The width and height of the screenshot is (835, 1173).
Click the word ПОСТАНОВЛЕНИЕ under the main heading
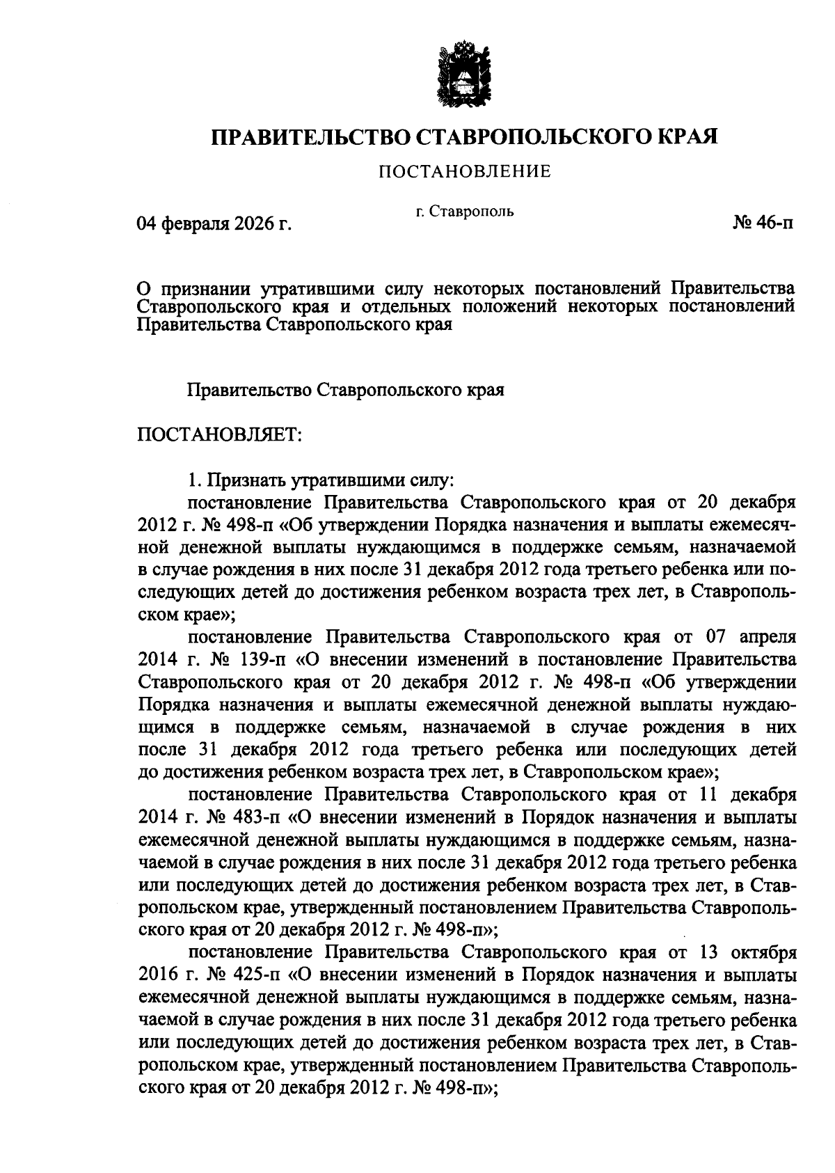tap(464, 171)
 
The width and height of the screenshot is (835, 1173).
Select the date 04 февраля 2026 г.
tap(213, 223)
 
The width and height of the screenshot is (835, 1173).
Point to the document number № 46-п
tap(762, 223)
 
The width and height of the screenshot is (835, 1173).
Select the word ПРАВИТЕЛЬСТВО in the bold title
tap(311, 136)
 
